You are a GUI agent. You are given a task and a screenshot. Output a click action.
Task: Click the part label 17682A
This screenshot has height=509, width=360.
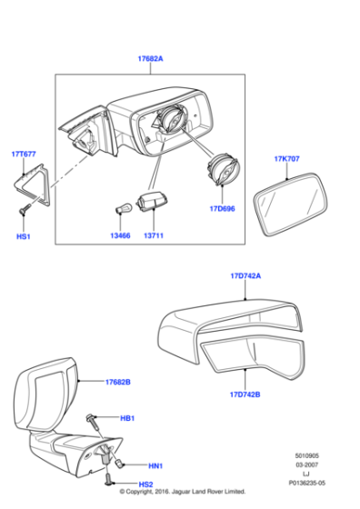(x=151, y=58)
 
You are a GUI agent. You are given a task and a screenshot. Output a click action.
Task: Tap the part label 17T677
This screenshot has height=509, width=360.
(x=24, y=154)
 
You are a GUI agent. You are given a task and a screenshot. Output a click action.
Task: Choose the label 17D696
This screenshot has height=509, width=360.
(x=221, y=208)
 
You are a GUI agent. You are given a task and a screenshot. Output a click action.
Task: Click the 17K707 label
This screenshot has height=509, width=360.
(x=286, y=159)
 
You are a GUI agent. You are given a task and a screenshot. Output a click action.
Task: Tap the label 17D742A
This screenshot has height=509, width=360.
(x=245, y=274)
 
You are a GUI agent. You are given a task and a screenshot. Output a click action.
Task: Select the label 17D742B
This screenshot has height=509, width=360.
(x=245, y=394)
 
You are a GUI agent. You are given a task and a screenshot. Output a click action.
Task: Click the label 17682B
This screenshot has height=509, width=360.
(x=118, y=383)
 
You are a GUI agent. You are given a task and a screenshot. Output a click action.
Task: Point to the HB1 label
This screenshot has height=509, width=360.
(x=127, y=419)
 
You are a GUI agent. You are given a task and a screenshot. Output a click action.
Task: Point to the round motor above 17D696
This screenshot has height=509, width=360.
(x=221, y=171)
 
